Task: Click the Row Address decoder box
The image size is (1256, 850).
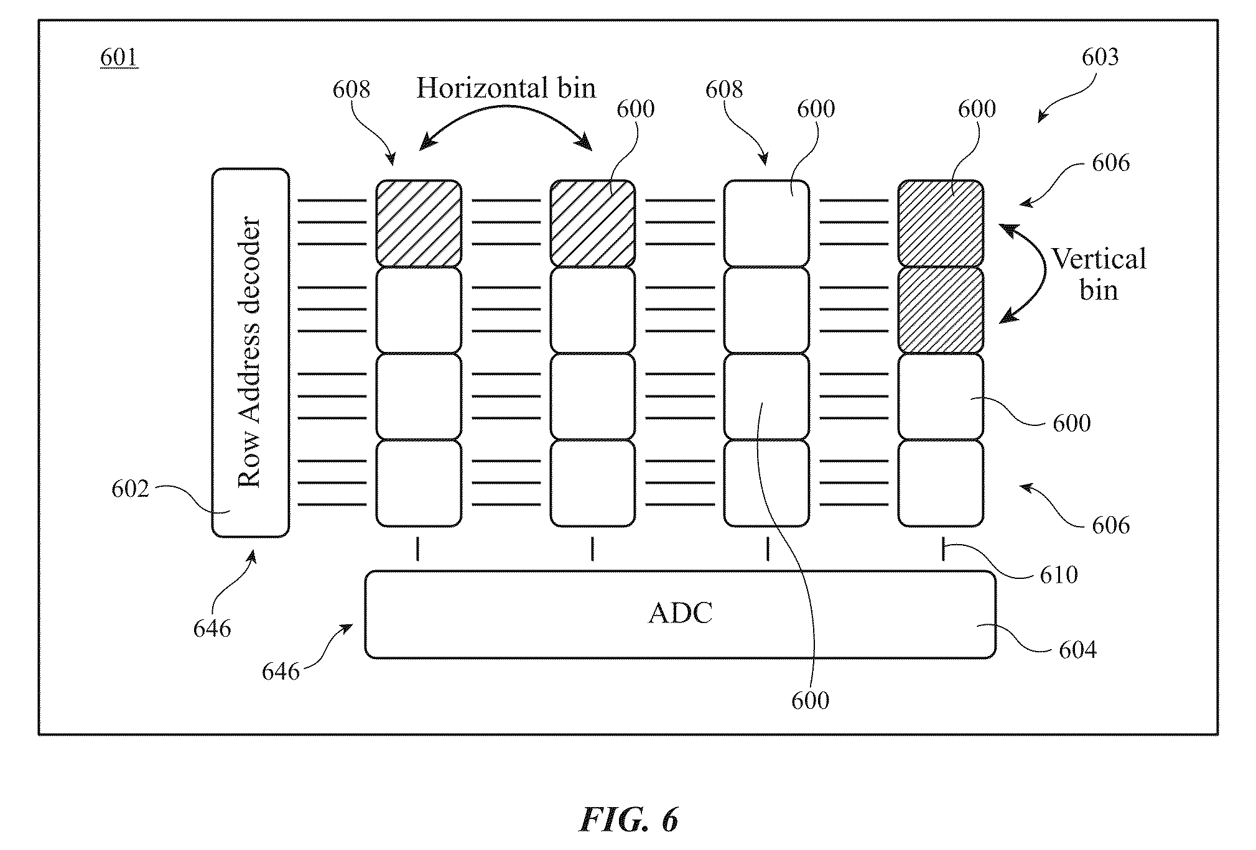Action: pos(250,353)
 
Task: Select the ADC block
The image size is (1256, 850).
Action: pos(680,614)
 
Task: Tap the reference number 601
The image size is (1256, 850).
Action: pos(119,58)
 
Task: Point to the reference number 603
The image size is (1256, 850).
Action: pos(1100,57)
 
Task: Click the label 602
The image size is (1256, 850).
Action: pos(131,489)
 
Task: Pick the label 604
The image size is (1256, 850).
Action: pos(1077,650)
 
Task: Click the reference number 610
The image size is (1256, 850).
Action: pos(1059,575)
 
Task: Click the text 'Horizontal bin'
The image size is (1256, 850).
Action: pos(506,88)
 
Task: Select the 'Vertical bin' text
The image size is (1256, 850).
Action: pos(1099,274)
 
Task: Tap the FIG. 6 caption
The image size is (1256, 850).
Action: pos(628,820)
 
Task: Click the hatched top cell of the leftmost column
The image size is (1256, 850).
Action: pos(419,223)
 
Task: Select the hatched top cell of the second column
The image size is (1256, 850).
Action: pos(592,223)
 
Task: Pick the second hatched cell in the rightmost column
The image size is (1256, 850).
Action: pos(941,310)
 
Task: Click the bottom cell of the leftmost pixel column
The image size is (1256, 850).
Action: pos(419,483)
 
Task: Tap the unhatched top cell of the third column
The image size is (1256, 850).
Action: pos(766,223)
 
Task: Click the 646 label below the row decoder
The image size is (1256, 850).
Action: pos(212,629)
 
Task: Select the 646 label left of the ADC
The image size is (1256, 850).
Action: pos(281,671)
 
